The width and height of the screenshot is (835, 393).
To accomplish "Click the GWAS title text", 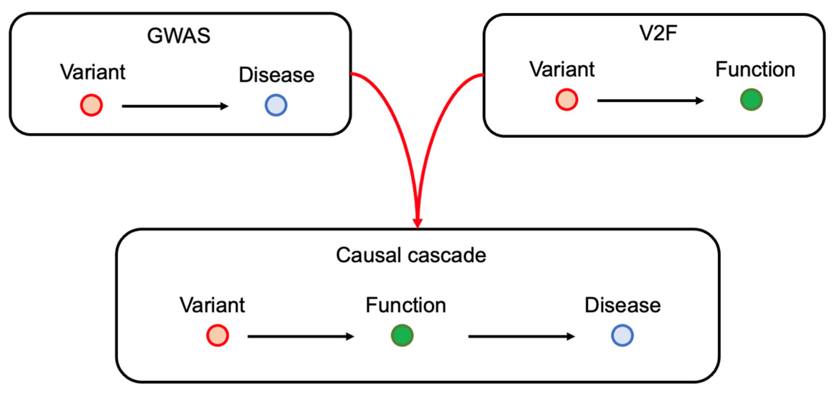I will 178,35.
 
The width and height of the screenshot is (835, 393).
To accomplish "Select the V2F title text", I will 658,33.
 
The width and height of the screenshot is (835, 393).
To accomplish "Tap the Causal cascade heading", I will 411,255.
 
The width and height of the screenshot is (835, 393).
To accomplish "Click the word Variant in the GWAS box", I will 93,72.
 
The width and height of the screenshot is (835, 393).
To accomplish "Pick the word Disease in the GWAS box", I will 276,75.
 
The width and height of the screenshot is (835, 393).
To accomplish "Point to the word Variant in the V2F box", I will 561,69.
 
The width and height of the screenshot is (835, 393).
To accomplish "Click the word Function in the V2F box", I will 755,69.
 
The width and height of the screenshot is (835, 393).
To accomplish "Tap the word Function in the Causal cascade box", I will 406,305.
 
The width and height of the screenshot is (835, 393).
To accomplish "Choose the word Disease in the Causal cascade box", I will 622,305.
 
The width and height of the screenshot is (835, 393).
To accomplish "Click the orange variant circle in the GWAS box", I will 92,105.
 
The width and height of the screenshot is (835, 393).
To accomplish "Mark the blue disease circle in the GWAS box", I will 276,105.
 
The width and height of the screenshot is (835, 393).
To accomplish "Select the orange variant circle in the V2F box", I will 567,100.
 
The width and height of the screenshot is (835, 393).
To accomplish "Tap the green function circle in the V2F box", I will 751,100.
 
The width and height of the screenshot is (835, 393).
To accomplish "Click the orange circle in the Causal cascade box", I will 217,335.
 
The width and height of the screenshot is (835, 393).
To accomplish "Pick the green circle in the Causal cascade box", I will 402,335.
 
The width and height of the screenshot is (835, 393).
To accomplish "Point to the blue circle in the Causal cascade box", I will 622,335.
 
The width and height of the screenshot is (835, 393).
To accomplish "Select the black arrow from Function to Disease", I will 521,337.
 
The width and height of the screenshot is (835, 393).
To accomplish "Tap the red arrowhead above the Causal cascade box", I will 418,222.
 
